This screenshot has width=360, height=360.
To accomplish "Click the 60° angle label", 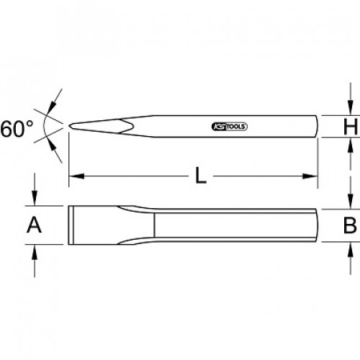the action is tap(17, 129).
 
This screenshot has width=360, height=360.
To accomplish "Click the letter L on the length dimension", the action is tap(201, 176).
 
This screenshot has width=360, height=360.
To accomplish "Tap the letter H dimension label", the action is tap(351, 126).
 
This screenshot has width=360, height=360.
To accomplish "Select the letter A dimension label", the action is tap(34, 225).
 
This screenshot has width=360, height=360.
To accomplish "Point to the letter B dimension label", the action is tap(350, 225).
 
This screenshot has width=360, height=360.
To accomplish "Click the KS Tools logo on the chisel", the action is tap(230, 127).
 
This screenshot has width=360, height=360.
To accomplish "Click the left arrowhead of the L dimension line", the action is tap(76, 176).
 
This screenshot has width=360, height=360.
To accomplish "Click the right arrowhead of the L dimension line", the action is tap(310, 176).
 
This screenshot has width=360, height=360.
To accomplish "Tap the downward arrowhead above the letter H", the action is tap(351, 108).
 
